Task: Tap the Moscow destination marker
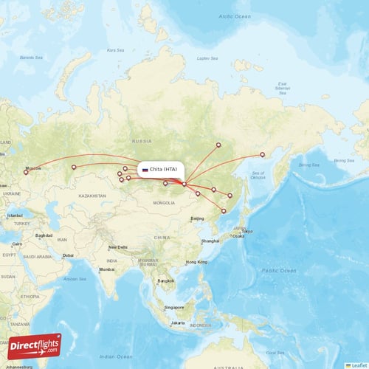pos(25,172)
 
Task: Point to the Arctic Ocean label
pos(235,15)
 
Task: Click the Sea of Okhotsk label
pos(258,174)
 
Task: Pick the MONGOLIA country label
pos(164,202)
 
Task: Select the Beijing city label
pos(197,218)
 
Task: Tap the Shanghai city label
pos(210,241)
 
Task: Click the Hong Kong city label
pos(196,262)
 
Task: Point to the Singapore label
pos(174,307)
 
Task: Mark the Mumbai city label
pos(107,269)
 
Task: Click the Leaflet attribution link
pos(357,365)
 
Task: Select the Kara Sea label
pos(115,50)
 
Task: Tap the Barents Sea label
pos(31,57)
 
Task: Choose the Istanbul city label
pos(15,215)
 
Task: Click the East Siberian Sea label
pos(282,87)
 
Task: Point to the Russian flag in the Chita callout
pos(145,170)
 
